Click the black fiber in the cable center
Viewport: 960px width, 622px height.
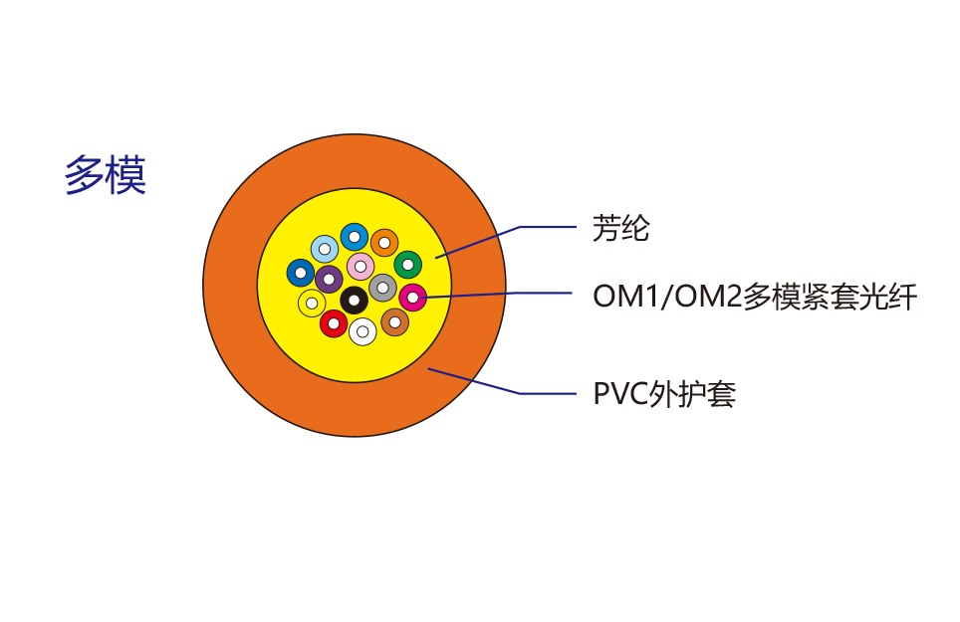tap(354, 300)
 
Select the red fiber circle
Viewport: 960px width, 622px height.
tap(334, 323)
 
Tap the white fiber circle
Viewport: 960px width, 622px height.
tap(362, 331)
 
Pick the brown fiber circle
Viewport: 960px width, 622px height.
tap(394, 321)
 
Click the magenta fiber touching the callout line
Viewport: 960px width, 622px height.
tap(412, 297)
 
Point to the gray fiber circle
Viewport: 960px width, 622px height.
tap(382, 288)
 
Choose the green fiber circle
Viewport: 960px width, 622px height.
tap(407, 265)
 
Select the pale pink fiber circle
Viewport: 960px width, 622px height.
tap(360, 266)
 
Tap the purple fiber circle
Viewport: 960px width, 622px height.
tap(329, 279)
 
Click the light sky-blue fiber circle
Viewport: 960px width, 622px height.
tap(324, 248)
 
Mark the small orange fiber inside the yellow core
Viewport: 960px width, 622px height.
tap(384, 242)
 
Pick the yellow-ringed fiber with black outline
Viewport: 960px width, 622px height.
tap(312, 303)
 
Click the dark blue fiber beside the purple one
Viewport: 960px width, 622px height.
tap(301, 272)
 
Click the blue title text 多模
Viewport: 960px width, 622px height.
tap(106, 175)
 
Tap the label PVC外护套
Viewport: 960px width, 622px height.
tap(664, 394)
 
